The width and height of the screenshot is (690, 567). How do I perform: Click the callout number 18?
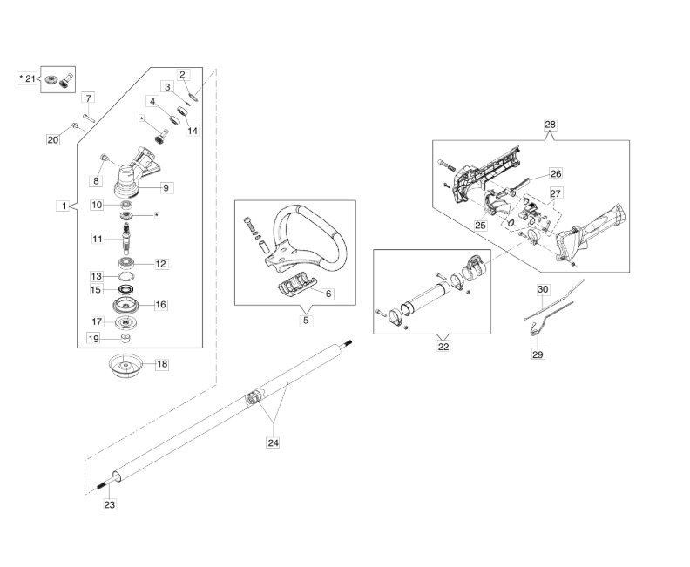162,364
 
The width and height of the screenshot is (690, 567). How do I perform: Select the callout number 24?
274,442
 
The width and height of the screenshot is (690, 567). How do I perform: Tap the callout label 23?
110,504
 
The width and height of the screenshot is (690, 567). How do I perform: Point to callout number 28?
550,125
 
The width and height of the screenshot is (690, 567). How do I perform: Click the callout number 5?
306,320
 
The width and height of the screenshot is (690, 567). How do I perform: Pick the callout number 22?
443,346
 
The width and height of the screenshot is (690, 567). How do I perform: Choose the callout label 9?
166,188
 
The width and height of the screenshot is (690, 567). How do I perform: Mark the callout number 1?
64,206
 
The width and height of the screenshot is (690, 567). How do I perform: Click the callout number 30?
543,289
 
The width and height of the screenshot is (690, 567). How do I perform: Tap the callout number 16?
160,304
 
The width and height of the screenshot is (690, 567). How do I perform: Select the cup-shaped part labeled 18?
126,365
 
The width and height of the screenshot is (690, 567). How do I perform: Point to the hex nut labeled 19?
125,338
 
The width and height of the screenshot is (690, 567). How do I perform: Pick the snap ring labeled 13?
125,277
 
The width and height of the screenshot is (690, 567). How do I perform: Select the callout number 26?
556,173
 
